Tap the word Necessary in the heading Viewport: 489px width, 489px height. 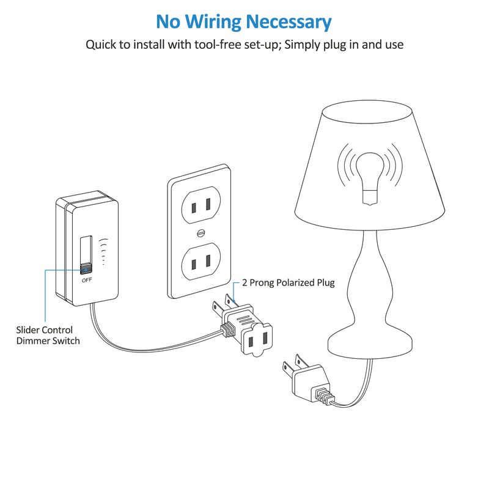pyautogui.click(x=289, y=23)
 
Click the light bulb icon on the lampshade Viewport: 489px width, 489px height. pyautogui.click(x=370, y=178)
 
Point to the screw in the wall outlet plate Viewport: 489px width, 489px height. pyautogui.click(x=202, y=233)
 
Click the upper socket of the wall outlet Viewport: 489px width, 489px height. pyautogui.click(x=201, y=205)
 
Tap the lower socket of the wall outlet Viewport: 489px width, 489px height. pyautogui.click(x=201, y=262)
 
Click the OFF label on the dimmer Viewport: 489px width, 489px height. pyautogui.click(x=87, y=280)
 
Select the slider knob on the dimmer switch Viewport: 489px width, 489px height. pyautogui.click(x=86, y=269)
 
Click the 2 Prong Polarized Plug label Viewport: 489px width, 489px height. pyautogui.click(x=288, y=283)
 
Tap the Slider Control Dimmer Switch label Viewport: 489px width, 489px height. pyautogui.click(x=48, y=335)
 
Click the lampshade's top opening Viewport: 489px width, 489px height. pyautogui.click(x=367, y=112)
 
